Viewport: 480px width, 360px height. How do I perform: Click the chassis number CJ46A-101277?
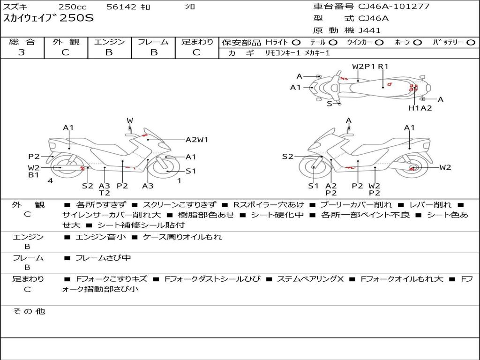point(394,7)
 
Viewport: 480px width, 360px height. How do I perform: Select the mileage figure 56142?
point(121,7)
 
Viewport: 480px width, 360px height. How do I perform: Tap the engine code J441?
point(369,30)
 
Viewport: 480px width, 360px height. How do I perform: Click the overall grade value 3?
point(22,52)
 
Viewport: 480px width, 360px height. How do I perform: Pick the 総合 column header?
point(22,42)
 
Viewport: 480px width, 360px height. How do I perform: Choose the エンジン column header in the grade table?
point(109,42)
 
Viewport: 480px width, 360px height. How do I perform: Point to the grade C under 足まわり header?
point(196,52)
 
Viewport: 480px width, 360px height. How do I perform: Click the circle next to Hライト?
point(296,43)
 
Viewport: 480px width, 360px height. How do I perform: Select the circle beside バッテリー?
point(471,43)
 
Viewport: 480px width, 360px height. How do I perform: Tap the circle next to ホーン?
point(418,43)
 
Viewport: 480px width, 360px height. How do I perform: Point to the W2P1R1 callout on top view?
point(370,66)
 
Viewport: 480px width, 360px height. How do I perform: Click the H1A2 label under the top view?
point(420,108)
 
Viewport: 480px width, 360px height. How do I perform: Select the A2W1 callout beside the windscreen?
point(197,139)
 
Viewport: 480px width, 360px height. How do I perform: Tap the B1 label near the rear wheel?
point(33,175)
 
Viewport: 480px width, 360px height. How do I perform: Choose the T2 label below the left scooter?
point(104,193)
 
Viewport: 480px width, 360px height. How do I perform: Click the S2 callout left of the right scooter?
point(287,157)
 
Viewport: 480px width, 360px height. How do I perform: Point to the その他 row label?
point(29,311)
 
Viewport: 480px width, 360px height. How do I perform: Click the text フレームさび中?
point(103,258)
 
